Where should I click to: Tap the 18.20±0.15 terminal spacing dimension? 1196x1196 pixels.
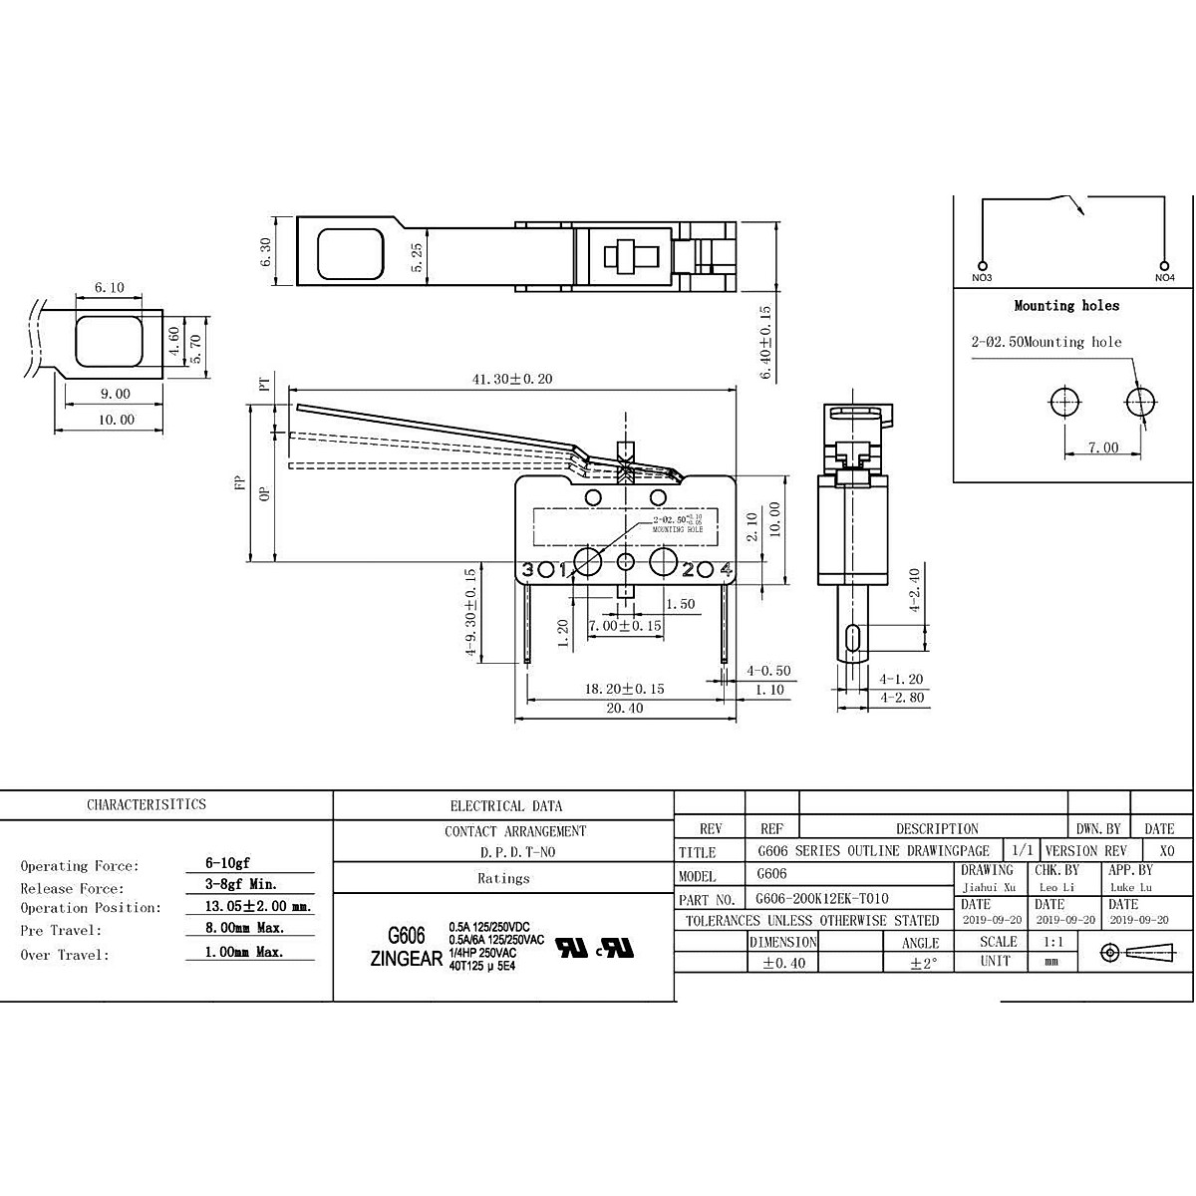click(x=624, y=689)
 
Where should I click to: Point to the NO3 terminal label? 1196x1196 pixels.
click(x=982, y=277)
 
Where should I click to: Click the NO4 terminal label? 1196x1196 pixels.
click(x=1164, y=277)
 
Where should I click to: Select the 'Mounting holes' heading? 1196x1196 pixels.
click(x=1066, y=306)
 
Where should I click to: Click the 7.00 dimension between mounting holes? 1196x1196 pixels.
click(x=1102, y=448)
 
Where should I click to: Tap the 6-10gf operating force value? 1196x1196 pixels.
click(x=221, y=865)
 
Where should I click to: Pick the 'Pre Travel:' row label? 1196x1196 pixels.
click(x=61, y=931)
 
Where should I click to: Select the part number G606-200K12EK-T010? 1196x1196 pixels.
click(x=822, y=899)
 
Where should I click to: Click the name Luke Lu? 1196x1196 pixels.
click(x=1130, y=887)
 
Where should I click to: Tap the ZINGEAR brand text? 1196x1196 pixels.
click(x=406, y=959)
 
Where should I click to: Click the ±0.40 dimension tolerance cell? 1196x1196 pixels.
click(x=784, y=963)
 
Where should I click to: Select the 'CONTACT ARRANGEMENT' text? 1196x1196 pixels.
click(x=515, y=831)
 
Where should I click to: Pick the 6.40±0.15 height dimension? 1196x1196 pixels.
click(x=765, y=341)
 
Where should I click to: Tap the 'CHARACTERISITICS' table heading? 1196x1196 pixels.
click(x=147, y=804)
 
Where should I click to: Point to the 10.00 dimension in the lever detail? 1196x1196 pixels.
click(x=116, y=420)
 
